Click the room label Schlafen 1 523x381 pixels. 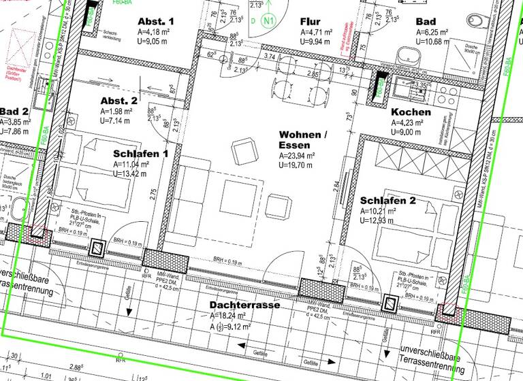pyautogui.click(x=140, y=154)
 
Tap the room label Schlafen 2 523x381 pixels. pyautogui.click(x=387, y=201)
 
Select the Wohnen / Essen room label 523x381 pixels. pyautogui.click(x=302, y=140)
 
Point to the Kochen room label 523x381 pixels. pyautogui.click(x=411, y=112)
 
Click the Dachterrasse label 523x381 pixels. pyautogui.click(x=244, y=305)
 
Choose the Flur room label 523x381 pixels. pyautogui.click(x=310, y=21)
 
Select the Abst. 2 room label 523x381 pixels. pyautogui.click(x=119, y=100)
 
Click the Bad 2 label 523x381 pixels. pyautogui.click(x=14, y=112)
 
